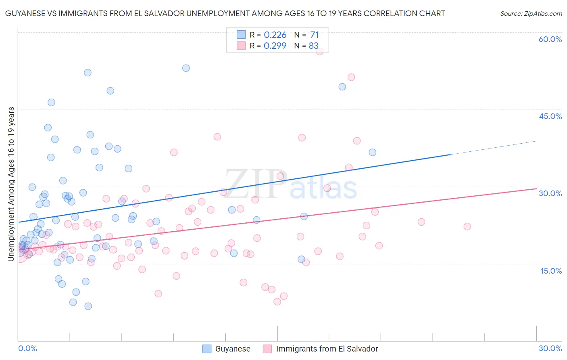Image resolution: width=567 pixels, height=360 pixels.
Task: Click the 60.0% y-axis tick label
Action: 550,39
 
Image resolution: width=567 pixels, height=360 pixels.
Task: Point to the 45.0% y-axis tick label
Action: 550,116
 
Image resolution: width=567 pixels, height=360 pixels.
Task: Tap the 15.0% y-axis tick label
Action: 551,270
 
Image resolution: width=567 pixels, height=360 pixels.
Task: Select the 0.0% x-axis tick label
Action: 27,348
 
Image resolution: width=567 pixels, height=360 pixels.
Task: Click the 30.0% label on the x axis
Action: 550,348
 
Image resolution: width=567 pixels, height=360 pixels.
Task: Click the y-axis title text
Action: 11,184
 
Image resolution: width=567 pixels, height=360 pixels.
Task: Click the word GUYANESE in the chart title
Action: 26,13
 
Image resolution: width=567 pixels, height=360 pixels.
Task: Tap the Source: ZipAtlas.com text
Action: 531,13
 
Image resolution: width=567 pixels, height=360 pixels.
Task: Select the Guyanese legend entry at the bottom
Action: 232,349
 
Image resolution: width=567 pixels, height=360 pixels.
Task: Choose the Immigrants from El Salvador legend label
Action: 327,349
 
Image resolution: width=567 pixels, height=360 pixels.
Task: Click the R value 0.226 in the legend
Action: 275,35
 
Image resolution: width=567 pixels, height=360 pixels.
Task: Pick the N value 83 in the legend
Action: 313,46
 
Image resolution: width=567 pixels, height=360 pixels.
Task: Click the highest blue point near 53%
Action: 186,68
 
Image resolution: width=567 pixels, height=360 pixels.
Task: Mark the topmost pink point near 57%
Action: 320,51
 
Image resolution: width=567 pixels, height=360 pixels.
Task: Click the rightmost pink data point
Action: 467,226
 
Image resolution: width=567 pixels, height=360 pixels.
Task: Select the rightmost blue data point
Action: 372,152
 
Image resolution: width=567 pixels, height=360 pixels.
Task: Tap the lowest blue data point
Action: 88,306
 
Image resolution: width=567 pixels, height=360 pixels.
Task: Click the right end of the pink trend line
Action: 536,188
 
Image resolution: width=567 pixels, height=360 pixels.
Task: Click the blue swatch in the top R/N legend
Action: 241,35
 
